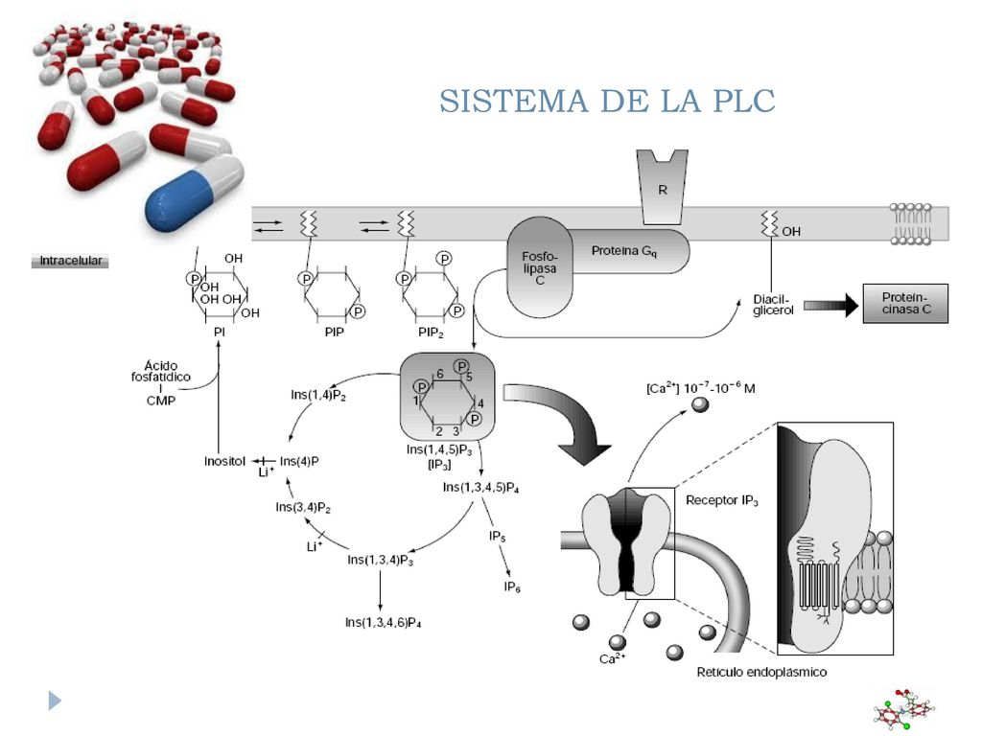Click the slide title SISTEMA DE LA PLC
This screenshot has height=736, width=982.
[x=607, y=101]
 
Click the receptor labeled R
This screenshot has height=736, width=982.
[x=662, y=187]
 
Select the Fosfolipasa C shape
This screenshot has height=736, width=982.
[x=539, y=268]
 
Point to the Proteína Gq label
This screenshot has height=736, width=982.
[x=624, y=251]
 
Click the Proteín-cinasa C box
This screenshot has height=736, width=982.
[x=905, y=304]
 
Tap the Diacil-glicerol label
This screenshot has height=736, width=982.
[x=773, y=305]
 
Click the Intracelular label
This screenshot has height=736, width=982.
[x=70, y=261]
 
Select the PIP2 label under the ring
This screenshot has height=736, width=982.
[x=431, y=333]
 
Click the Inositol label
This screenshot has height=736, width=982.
[x=224, y=461]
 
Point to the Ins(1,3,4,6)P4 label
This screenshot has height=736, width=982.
[x=384, y=623]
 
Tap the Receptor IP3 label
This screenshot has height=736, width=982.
[x=722, y=500]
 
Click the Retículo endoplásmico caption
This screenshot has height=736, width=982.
[x=761, y=672]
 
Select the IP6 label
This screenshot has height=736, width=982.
[x=512, y=587]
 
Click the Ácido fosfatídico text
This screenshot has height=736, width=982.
[x=161, y=371]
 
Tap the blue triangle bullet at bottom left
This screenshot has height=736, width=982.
[x=55, y=701]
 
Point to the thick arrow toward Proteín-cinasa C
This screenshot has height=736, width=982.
[x=830, y=306]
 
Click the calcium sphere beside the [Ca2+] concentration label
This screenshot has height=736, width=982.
[x=700, y=404]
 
